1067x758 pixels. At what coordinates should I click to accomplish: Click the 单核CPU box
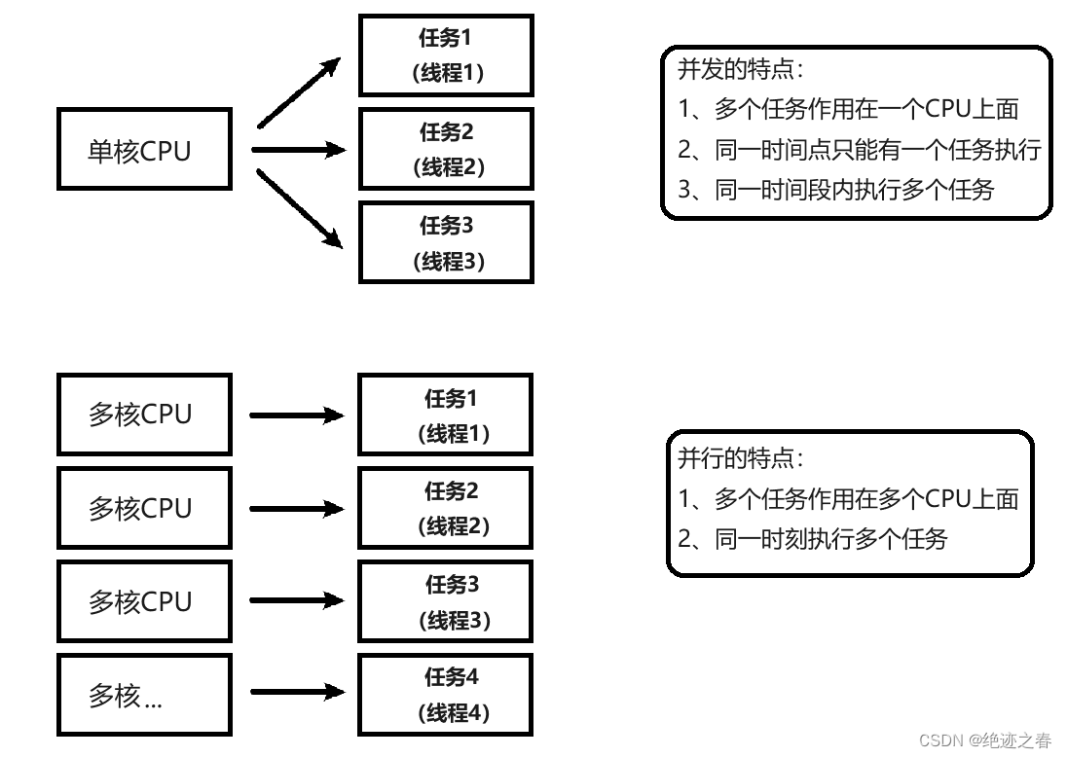(144, 150)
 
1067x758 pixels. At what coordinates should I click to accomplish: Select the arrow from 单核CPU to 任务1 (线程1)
(298, 93)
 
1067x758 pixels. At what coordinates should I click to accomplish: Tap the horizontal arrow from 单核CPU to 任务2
(297, 149)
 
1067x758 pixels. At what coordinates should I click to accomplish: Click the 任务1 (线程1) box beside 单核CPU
(446, 55)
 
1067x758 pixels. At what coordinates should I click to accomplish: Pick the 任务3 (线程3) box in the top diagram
(446, 242)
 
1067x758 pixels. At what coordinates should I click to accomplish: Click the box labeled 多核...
(144, 695)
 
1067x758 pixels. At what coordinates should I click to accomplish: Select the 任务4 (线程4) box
(446, 695)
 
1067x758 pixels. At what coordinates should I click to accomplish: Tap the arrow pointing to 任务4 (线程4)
(297, 693)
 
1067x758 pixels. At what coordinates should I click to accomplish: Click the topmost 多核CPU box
(144, 415)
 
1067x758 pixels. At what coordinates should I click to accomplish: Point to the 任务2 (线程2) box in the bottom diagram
(446, 508)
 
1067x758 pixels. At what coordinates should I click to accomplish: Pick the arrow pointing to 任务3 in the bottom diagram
(297, 601)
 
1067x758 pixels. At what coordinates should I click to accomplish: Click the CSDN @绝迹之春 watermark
(984, 741)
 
